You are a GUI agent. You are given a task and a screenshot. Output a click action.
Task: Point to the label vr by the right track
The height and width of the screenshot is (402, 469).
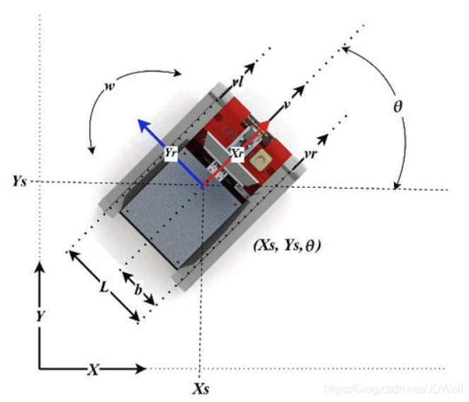pyautogui.click(x=310, y=153)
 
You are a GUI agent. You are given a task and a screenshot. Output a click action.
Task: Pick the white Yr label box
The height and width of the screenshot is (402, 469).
pyautogui.click(x=170, y=152)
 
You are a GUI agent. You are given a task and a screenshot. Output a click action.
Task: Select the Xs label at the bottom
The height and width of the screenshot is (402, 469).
pyautogui.click(x=201, y=389)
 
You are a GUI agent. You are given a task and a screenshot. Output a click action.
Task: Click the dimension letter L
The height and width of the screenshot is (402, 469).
pyautogui.click(x=103, y=287)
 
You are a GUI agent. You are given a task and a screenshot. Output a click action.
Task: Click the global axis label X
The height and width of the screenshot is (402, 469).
pyautogui.click(x=93, y=369)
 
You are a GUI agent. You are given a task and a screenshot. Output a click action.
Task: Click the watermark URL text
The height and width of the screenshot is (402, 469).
pyautogui.click(x=391, y=389)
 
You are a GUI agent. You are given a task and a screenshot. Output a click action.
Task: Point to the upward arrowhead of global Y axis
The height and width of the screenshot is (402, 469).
pyautogui.click(x=40, y=267)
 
